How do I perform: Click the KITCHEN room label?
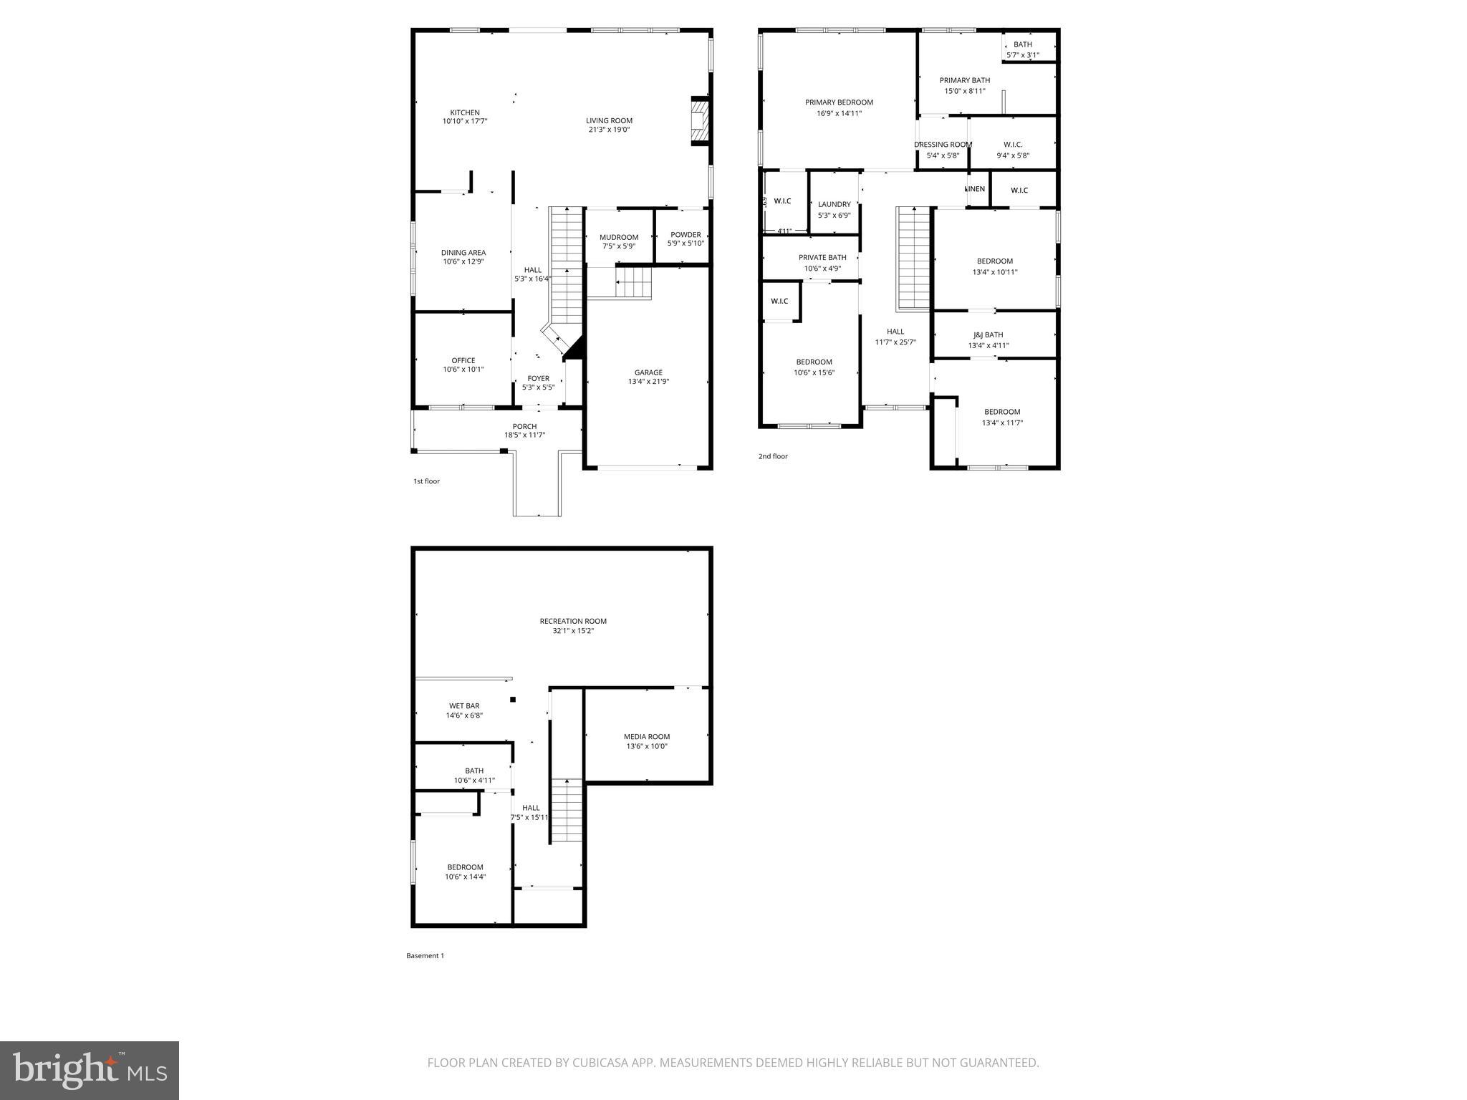464,112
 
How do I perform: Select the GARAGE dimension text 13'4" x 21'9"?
648,382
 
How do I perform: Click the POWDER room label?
686,234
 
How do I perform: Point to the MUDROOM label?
618,237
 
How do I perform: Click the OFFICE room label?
463,360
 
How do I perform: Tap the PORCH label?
524,426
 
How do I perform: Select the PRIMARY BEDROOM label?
839,102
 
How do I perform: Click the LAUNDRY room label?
834,204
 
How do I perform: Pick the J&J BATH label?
988,334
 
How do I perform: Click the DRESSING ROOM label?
943,145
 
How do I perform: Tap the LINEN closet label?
975,189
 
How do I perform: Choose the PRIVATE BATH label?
822,257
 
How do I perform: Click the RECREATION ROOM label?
573,621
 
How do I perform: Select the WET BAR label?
464,705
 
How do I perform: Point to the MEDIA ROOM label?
646,736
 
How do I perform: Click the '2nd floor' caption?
773,456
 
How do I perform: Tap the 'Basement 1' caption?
425,955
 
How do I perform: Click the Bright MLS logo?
90,1070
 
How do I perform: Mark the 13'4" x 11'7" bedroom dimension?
1001,423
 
